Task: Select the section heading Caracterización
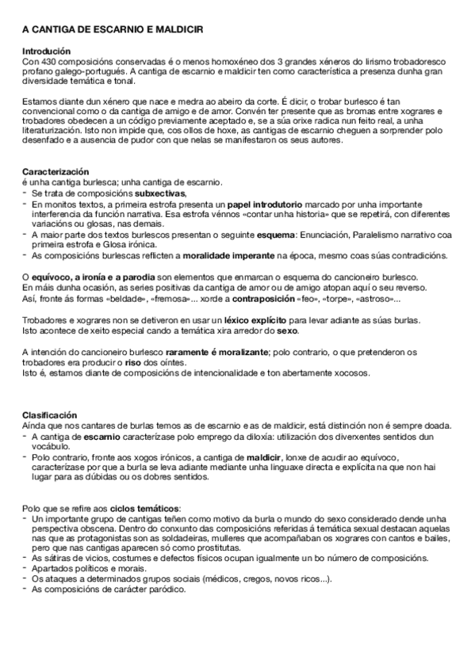[56, 172]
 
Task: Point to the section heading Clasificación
[49, 414]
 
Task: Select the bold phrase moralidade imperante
[230, 255]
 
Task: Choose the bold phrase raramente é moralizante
[209, 350]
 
